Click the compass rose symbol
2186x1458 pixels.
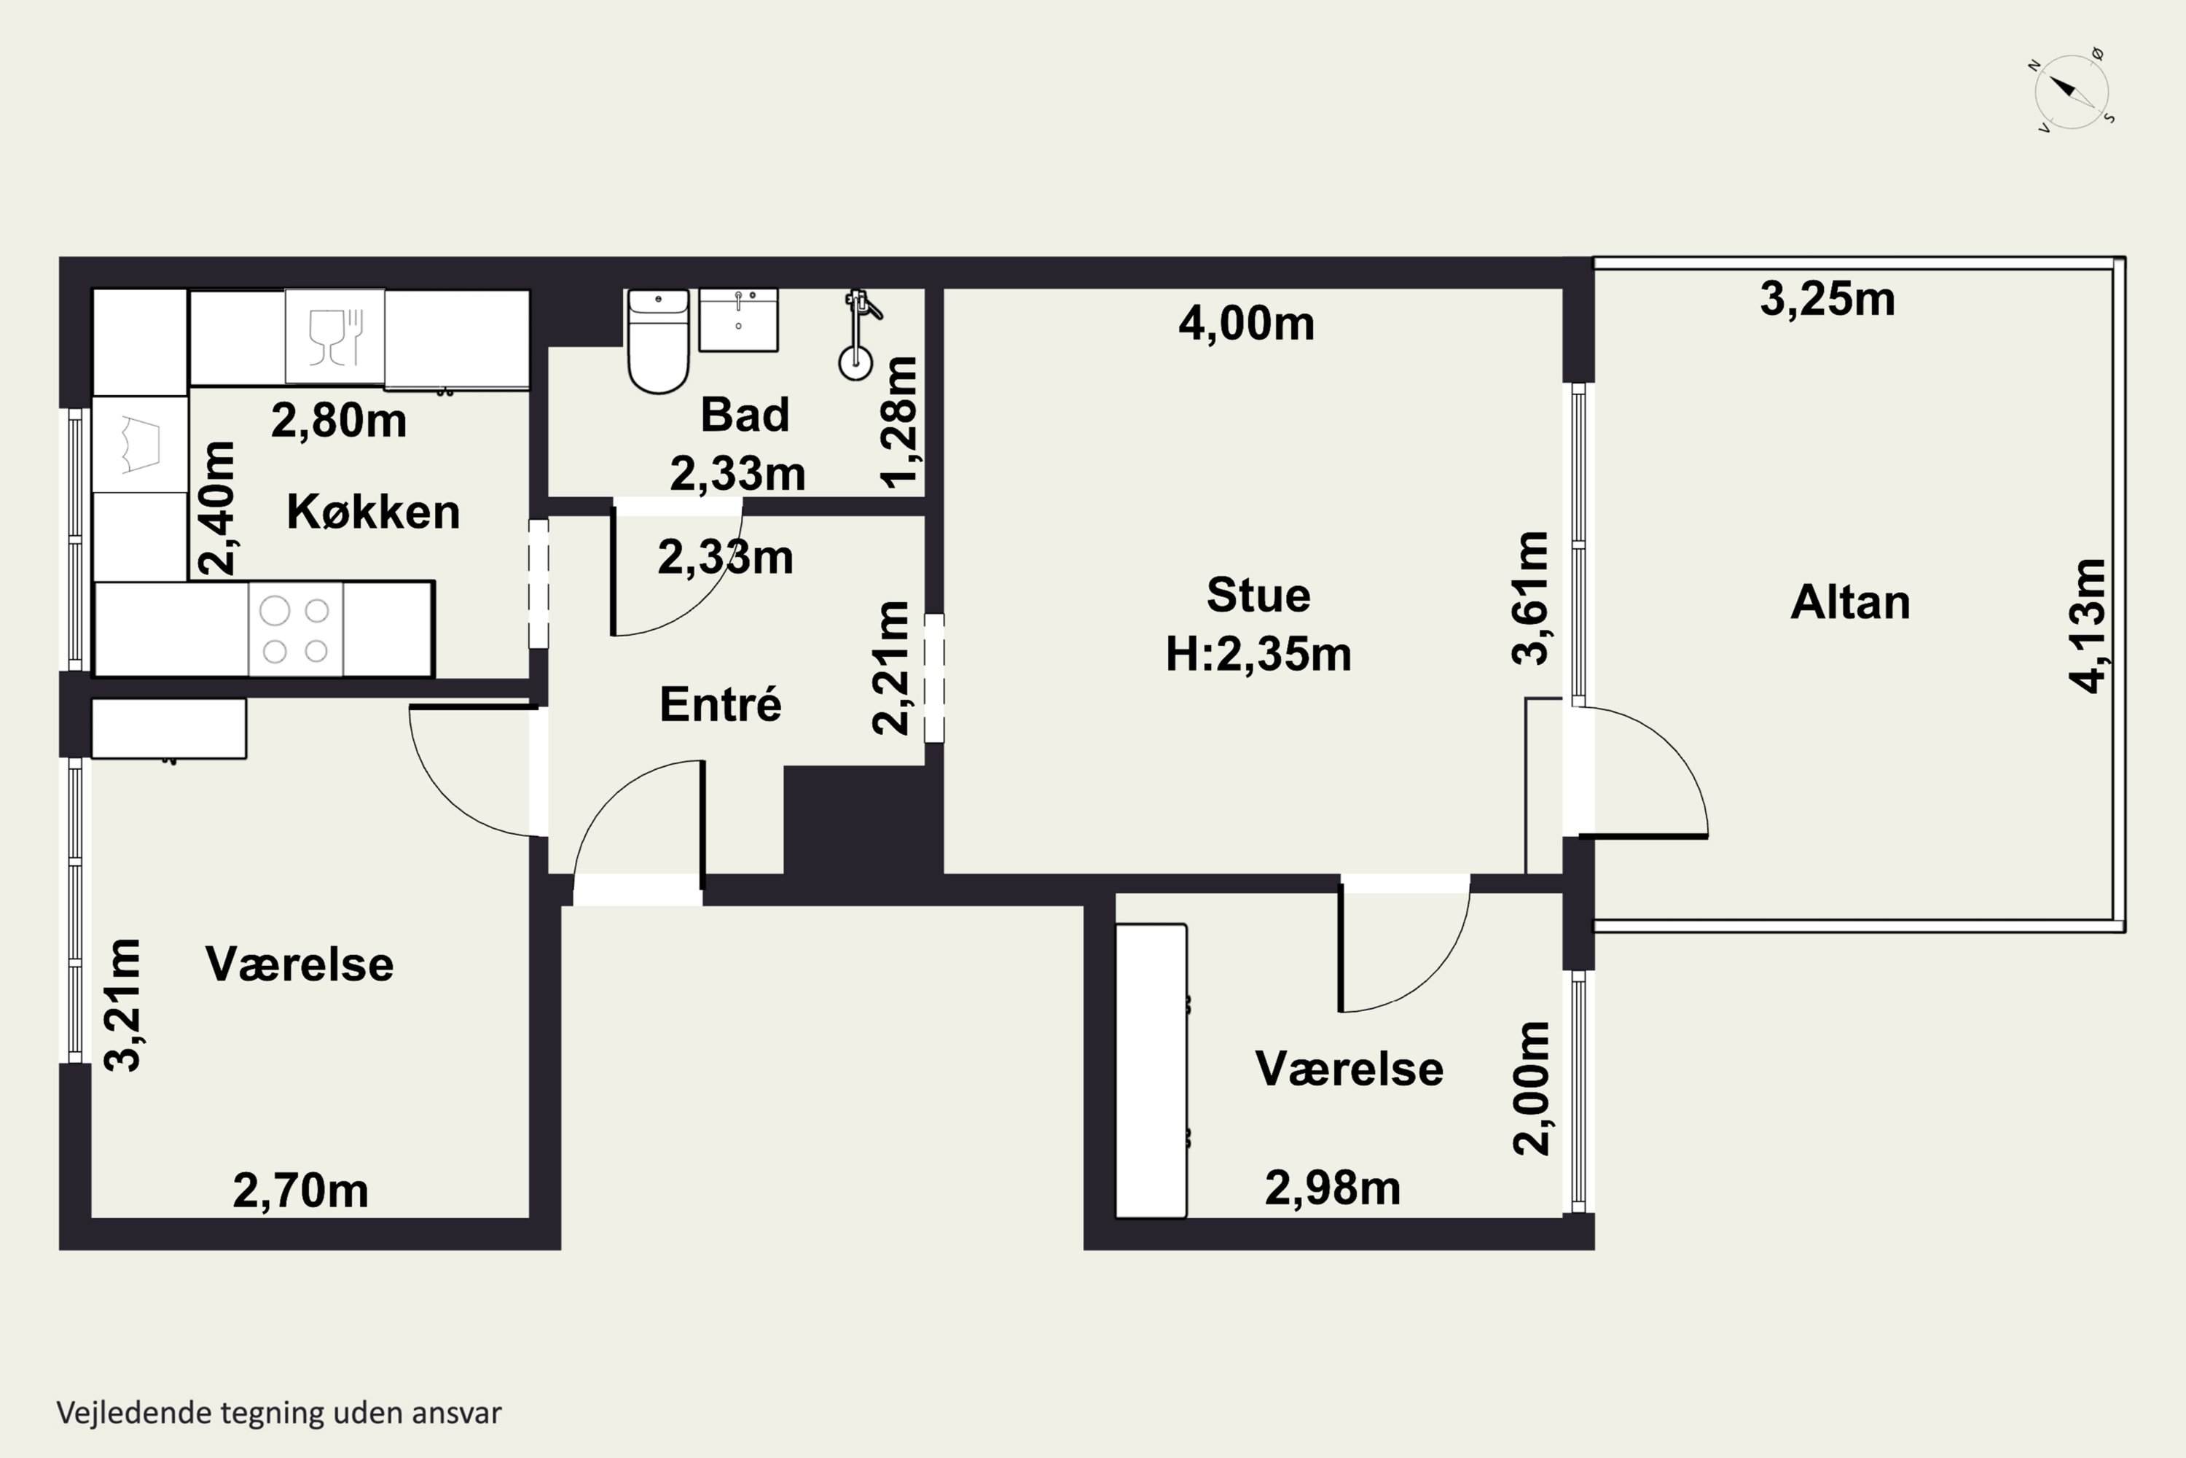point(2071,91)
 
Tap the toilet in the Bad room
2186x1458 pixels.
point(658,341)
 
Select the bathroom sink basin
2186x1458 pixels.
point(738,320)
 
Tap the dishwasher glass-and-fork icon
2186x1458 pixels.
point(334,337)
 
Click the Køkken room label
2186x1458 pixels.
point(372,512)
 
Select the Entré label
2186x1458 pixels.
point(721,704)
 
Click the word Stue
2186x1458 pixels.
point(1258,595)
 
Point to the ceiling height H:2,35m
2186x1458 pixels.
point(1258,655)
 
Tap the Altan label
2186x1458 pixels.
point(1849,603)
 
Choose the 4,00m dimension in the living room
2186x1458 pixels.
point(1246,324)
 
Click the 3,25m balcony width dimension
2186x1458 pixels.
point(1827,300)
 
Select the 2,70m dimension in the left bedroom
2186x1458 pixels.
point(300,1191)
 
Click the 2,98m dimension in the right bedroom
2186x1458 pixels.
point(1333,1188)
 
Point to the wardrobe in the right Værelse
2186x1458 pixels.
point(1151,1070)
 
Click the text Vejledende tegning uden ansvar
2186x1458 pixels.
point(279,1413)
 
